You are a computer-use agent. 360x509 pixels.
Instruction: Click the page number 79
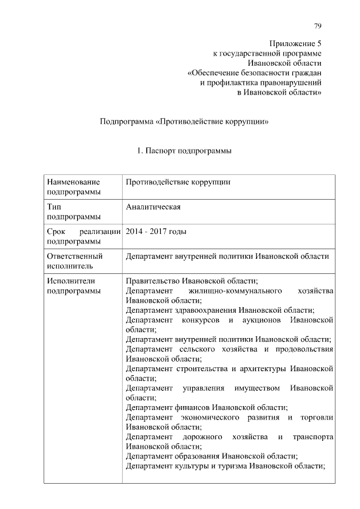(x=317, y=26)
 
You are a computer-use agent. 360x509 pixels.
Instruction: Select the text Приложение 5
(x=295, y=43)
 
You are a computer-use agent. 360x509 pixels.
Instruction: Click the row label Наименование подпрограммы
(x=74, y=187)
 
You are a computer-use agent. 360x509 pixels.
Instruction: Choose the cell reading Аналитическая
(x=153, y=207)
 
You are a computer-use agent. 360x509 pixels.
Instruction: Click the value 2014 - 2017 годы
(x=156, y=232)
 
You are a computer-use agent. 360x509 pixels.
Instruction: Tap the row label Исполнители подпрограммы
(x=74, y=286)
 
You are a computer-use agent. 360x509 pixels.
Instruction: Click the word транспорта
(x=313, y=437)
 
